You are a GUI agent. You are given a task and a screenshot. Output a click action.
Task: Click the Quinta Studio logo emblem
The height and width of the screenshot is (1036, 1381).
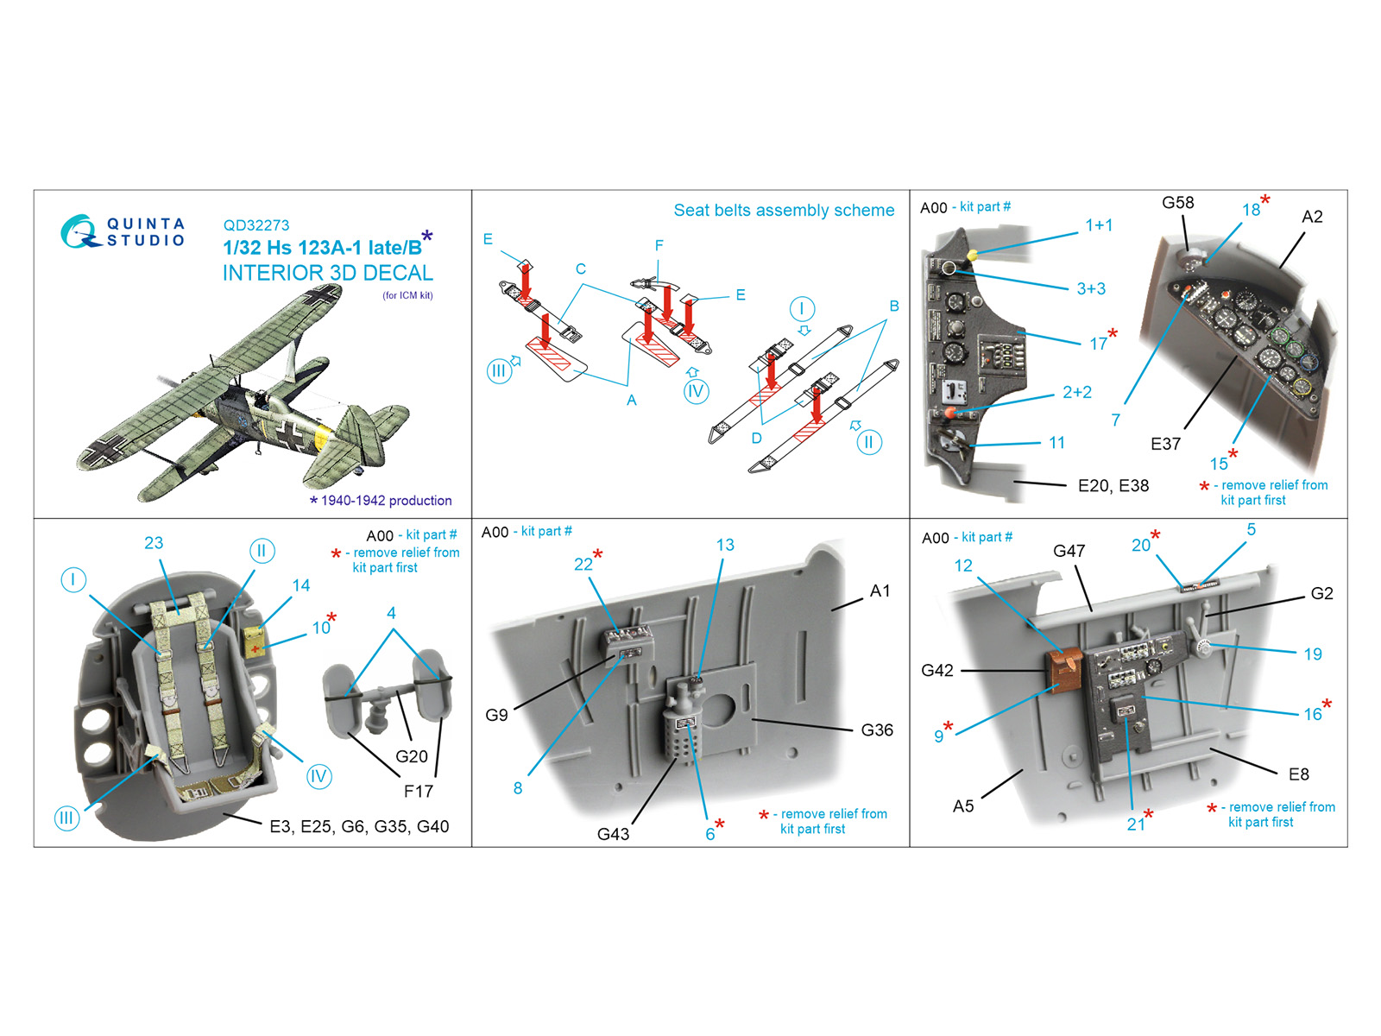78,231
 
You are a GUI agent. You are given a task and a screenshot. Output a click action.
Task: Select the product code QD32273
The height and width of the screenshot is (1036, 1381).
256,225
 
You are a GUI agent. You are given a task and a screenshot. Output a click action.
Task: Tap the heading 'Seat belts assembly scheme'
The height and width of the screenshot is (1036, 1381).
784,211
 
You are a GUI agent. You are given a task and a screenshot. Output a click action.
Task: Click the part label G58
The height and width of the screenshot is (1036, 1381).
1177,203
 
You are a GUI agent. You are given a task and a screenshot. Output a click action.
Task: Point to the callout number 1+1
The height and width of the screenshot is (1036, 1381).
1099,225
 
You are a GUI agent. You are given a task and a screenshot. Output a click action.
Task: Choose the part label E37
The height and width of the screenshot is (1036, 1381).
1165,444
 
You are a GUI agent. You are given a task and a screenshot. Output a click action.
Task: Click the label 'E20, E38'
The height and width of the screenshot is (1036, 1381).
1113,486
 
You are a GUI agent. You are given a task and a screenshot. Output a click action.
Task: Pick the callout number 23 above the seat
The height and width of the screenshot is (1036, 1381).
154,543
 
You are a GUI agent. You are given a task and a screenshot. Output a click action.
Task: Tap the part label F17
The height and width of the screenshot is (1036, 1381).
419,791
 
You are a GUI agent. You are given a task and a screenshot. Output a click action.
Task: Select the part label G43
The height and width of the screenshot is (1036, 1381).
613,834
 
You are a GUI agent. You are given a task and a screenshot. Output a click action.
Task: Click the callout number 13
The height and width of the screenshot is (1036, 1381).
725,545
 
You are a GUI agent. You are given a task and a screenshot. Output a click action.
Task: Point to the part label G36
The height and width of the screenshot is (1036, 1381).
877,730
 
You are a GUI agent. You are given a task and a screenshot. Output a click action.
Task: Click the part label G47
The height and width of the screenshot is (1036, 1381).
1069,551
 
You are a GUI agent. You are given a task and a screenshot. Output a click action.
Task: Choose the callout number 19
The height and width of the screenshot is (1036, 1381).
1313,654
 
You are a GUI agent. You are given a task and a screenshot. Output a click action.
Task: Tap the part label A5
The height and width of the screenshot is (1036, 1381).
963,806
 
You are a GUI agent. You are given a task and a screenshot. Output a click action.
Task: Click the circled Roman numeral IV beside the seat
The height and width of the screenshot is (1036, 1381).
318,776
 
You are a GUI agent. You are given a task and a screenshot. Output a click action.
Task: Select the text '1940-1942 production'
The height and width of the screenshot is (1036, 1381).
386,501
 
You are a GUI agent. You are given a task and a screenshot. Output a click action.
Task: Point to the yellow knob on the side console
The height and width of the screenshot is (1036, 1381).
973,255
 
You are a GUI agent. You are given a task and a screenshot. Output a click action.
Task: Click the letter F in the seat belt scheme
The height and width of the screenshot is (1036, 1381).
659,246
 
